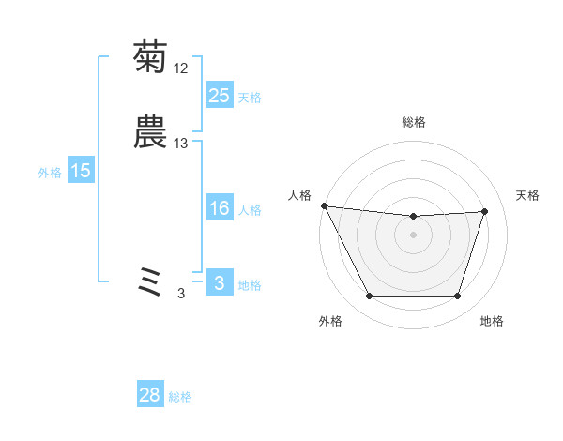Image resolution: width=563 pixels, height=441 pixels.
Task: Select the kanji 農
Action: click(x=150, y=132)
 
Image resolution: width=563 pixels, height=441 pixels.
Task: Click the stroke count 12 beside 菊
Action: click(x=181, y=68)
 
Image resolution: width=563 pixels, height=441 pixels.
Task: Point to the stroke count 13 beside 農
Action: click(x=181, y=144)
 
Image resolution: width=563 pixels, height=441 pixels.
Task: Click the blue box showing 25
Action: click(x=219, y=96)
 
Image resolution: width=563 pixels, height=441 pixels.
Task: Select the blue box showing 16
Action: click(x=219, y=209)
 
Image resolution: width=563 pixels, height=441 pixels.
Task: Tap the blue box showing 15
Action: click(x=81, y=171)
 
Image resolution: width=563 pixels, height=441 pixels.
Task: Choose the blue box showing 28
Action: click(x=150, y=396)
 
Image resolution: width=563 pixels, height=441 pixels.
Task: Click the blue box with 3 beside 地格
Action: click(x=219, y=284)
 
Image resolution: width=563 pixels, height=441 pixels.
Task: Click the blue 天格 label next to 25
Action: click(x=250, y=98)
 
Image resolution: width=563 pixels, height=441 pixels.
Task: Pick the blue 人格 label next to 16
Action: click(x=250, y=211)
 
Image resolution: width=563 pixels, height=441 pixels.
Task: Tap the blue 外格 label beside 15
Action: click(x=50, y=173)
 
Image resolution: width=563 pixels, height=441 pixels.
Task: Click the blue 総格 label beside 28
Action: click(x=181, y=398)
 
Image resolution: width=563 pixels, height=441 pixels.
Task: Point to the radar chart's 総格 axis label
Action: click(x=413, y=122)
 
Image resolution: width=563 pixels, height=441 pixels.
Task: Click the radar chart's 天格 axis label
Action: click(x=527, y=195)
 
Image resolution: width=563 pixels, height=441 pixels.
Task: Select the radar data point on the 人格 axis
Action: click(x=324, y=205)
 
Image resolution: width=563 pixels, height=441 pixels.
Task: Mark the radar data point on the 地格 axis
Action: click(x=457, y=297)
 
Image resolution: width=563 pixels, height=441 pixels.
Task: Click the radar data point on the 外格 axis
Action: click(x=369, y=297)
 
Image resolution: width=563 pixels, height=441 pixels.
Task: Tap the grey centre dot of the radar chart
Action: click(x=413, y=236)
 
